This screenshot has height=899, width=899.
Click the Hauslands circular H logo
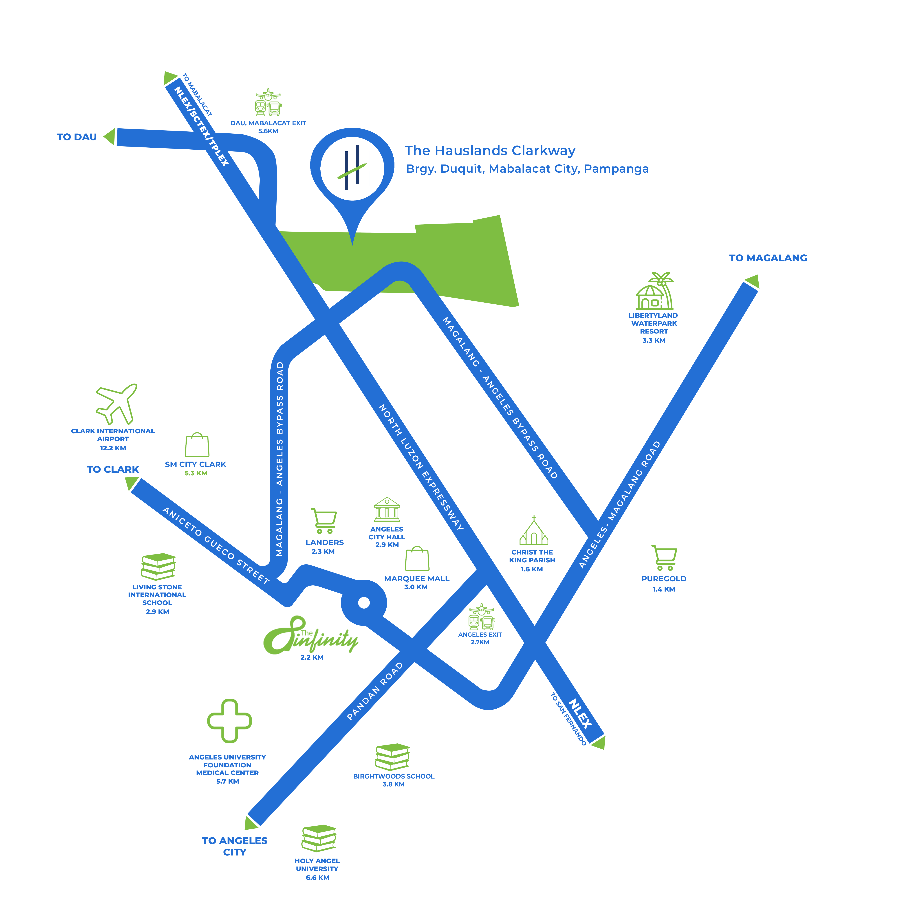point(352,168)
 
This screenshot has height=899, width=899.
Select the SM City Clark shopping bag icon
point(197,445)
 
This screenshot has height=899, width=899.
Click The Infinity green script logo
point(310,635)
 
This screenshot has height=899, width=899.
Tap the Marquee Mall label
point(416,578)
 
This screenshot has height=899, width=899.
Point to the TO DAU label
point(77,137)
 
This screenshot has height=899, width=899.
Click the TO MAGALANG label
point(768,258)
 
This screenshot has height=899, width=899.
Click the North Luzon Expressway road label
point(421,467)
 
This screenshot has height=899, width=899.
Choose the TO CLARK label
point(113,469)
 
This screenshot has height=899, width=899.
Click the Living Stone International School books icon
point(158,566)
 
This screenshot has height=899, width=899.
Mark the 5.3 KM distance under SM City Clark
point(196,473)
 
